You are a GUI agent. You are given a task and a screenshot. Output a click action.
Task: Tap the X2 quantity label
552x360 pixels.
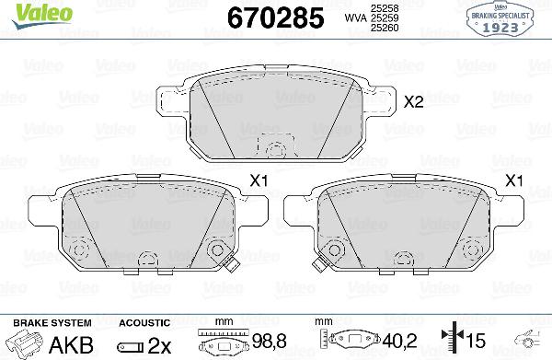point(414,103)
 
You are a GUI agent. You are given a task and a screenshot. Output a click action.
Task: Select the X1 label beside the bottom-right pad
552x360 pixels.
point(515,181)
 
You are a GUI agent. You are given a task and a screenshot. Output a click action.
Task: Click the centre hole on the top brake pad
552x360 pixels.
point(272,147)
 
